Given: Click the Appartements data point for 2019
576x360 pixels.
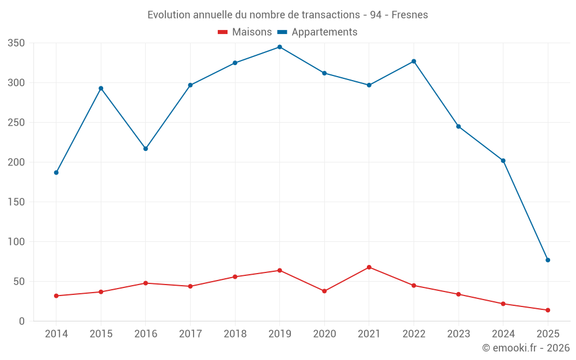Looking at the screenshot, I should (279, 47).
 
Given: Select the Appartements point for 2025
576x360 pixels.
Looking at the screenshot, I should (548, 260).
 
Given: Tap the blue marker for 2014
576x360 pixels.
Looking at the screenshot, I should (56, 172).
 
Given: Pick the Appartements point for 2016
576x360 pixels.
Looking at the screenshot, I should (145, 149).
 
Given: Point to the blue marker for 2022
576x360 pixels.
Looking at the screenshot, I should (414, 62).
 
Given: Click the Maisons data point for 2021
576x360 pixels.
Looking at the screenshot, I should (369, 267).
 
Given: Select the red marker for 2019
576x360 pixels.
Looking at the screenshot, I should (279, 270).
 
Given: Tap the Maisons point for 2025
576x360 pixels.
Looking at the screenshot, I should (548, 310).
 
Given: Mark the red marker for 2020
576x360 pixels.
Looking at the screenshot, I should (324, 291).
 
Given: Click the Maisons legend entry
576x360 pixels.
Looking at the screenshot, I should (245, 32).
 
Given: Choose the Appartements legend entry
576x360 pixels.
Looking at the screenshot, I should (318, 32).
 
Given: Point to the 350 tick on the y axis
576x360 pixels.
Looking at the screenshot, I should (16, 43).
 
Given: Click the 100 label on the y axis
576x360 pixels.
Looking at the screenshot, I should (16, 242).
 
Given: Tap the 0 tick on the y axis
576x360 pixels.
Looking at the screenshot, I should (21, 321).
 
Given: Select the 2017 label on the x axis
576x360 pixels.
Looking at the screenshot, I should (190, 334).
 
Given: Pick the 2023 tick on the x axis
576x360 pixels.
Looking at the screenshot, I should (458, 334).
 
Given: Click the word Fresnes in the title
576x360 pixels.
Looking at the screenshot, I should (410, 15).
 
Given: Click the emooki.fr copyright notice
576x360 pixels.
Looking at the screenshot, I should (526, 348).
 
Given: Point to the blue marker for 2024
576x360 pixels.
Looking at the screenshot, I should (503, 161).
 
